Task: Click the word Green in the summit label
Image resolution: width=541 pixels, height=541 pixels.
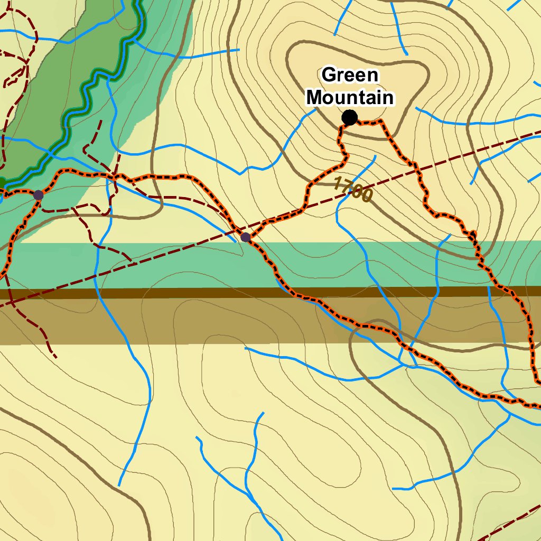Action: pyautogui.click(x=350, y=75)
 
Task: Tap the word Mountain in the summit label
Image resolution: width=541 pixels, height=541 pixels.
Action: pyautogui.click(x=350, y=98)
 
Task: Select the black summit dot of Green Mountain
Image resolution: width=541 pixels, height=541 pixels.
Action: pyautogui.click(x=349, y=118)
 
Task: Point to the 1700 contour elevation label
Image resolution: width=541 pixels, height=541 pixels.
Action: pyautogui.click(x=353, y=190)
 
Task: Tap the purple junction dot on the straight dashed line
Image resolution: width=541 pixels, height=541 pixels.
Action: pyautogui.click(x=246, y=237)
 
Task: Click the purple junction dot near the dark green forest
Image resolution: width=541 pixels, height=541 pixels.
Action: pyautogui.click(x=38, y=195)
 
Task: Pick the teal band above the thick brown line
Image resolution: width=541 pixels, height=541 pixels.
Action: pyautogui.click(x=158, y=264)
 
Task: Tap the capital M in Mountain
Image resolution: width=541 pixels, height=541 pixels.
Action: pyautogui.click(x=315, y=98)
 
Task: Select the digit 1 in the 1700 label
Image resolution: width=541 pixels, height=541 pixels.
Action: pyautogui.click(x=338, y=183)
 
